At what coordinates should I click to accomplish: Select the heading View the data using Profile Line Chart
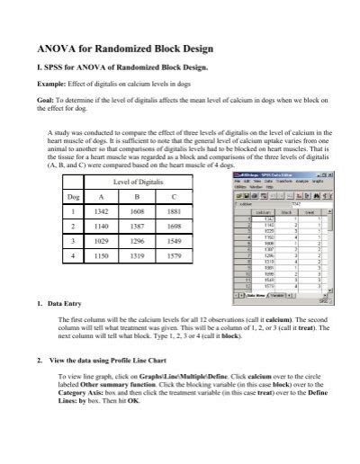click(x=117, y=361)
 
